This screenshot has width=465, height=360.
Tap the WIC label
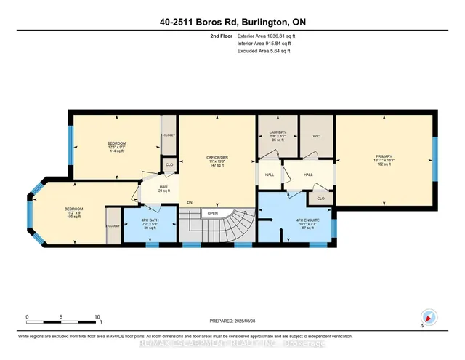[315, 137]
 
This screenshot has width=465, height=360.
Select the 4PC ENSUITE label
[296, 224]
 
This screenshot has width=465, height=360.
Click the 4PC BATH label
[149, 224]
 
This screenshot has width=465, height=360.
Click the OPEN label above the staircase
[213, 214]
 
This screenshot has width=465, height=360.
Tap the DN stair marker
[190, 202]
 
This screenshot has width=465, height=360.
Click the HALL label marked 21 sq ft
[154, 188]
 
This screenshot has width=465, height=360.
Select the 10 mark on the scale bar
[97, 317]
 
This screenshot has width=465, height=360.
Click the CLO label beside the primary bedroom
[320, 197]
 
